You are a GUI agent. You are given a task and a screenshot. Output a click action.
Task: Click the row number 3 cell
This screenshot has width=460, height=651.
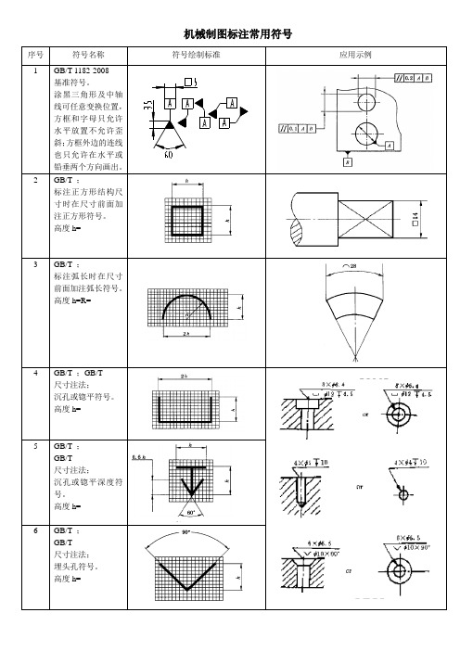click(x=35, y=264)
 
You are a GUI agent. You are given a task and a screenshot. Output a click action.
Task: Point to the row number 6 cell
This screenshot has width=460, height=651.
click(x=35, y=531)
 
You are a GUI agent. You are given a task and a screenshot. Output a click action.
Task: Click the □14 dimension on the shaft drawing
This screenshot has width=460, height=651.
click(x=415, y=216)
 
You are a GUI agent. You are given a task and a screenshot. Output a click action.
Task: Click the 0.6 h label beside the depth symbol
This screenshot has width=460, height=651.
click(x=141, y=458)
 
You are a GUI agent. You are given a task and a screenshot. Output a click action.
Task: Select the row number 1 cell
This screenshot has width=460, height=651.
click(x=35, y=70)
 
